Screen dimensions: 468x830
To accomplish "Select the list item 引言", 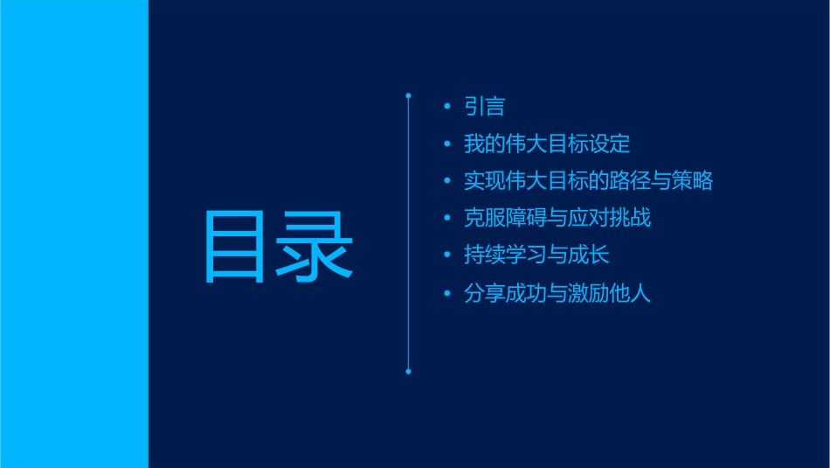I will (484, 107).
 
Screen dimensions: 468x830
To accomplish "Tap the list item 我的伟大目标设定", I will (547, 143).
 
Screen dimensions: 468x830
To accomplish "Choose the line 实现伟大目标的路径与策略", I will (588, 181).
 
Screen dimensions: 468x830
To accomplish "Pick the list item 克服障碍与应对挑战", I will (557, 218).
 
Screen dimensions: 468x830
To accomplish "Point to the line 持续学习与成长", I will (536, 255).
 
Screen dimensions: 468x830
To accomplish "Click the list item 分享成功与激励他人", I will (557, 293).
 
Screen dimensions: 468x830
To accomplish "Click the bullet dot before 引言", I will (447, 107).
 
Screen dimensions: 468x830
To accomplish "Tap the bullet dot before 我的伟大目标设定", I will (447, 144).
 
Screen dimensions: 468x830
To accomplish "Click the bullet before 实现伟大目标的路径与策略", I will (447, 181).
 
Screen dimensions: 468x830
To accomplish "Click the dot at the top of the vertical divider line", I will (408, 94).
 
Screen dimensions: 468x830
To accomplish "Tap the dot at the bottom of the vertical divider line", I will (408, 372).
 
